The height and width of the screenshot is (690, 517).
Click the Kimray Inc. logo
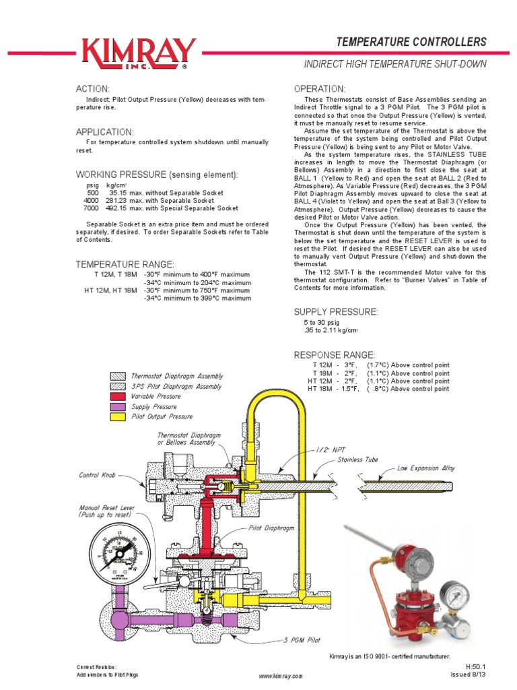click(x=138, y=53)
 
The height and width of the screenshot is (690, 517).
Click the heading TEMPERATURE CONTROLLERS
click(x=411, y=42)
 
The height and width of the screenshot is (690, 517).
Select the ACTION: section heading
click(x=92, y=89)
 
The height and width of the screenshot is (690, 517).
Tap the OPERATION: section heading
click(x=320, y=89)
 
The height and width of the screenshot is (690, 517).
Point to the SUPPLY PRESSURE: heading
click(x=336, y=312)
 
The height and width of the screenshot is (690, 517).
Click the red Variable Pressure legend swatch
click(x=117, y=397)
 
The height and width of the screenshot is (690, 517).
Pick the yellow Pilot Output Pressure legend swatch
click(x=117, y=416)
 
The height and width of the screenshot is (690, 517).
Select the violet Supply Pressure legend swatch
click(x=117, y=407)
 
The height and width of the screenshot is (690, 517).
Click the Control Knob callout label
click(x=98, y=475)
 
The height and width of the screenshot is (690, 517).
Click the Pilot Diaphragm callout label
click(x=272, y=529)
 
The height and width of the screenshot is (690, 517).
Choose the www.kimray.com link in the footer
click(x=281, y=675)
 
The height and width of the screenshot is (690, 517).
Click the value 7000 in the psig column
click(x=90, y=208)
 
